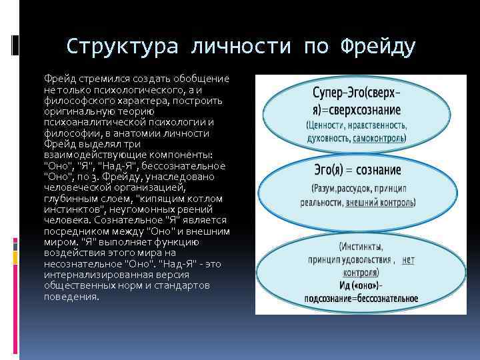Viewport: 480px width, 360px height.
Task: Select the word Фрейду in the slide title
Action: coord(377,47)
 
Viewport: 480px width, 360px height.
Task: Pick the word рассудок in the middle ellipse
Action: coord(361,189)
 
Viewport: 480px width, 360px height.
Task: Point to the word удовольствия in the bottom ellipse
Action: coord(363,261)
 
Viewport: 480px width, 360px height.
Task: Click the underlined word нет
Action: coord(408,261)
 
